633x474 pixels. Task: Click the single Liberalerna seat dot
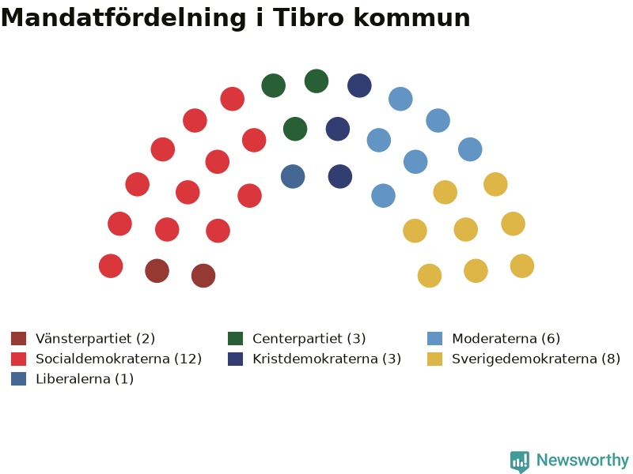point(293,176)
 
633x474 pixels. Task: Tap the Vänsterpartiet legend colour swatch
point(18,339)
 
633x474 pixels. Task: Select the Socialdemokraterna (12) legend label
point(119,359)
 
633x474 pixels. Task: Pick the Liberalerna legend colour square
point(18,379)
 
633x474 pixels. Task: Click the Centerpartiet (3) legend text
point(309,339)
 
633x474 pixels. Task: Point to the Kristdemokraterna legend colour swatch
point(235,359)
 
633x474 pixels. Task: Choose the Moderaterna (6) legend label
point(506,339)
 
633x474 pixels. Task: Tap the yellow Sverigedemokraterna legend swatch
point(434,359)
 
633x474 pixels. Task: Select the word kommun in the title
point(411,17)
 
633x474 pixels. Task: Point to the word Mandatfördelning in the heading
point(123,18)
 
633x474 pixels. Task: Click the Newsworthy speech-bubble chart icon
point(520,461)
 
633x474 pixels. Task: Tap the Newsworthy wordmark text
point(582,460)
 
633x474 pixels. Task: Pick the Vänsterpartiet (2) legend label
point(95,339)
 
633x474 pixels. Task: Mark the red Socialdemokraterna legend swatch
point(18,359)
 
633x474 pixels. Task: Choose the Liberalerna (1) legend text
point(85,379)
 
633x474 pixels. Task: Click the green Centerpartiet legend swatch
point(235,339)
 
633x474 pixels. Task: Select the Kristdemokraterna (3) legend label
point(327,359)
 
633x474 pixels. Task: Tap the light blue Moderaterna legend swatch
point(434,339)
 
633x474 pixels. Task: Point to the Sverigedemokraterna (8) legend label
point(536,359)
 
